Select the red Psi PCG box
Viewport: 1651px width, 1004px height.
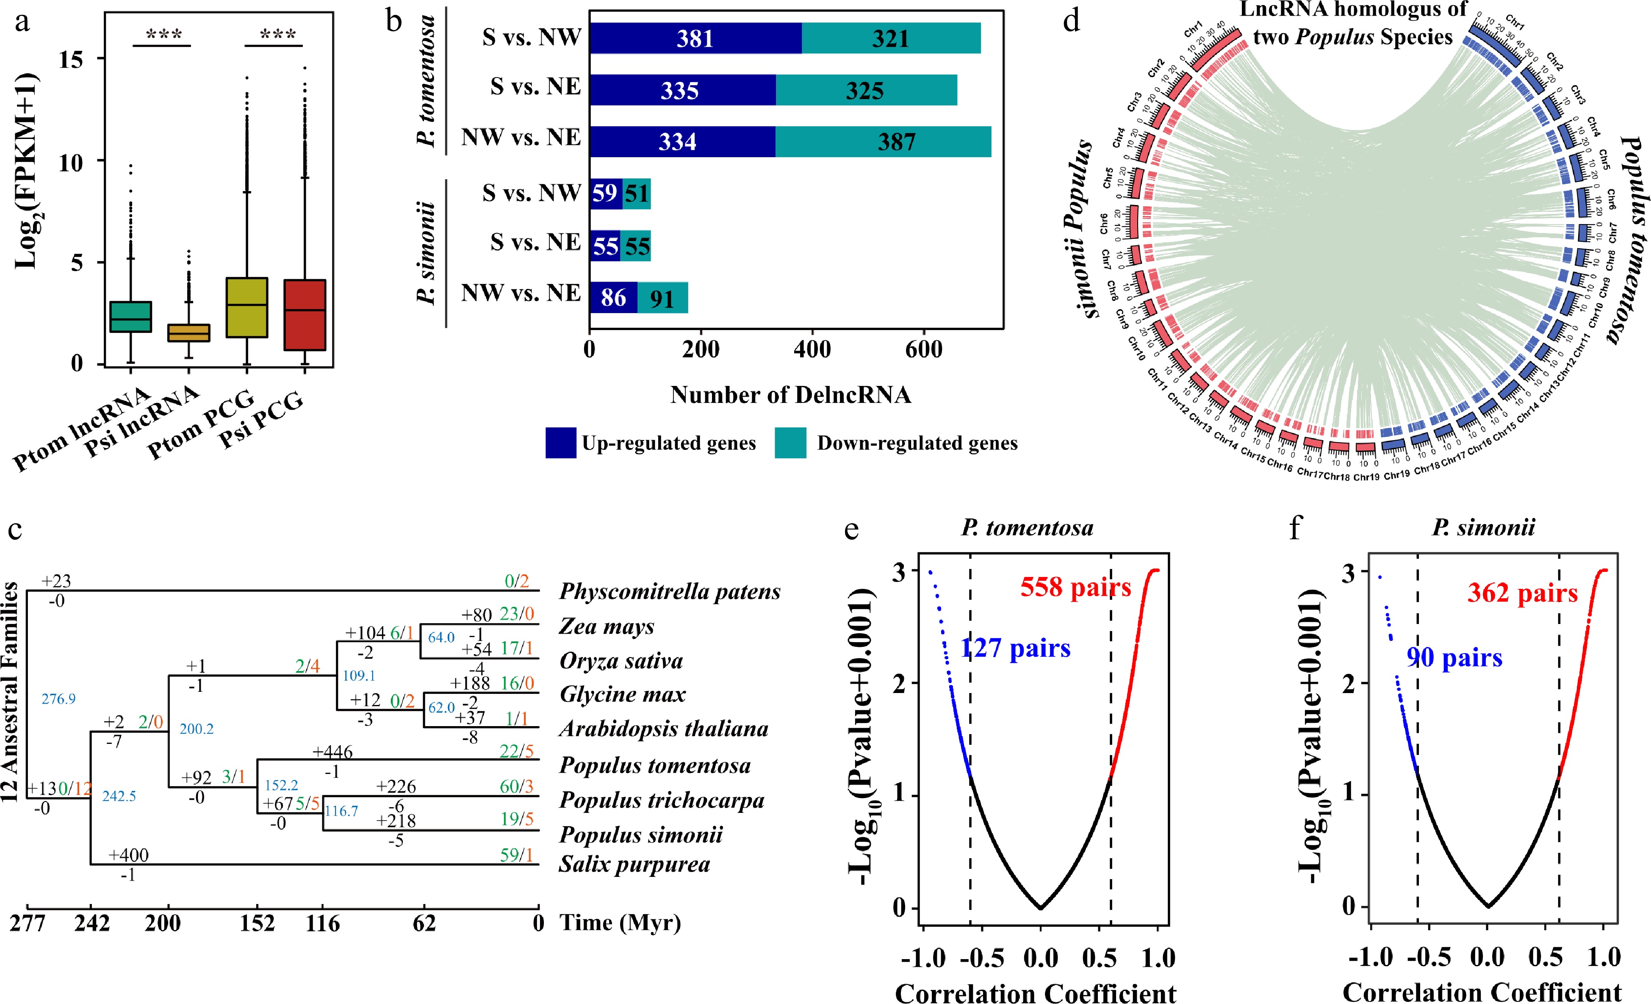point(305,315)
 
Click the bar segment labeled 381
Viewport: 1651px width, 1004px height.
point(695,38)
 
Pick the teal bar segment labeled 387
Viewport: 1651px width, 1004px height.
point(883,141)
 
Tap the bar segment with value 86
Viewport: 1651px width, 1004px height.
point(613,297)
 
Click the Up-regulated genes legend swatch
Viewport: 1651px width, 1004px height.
point(560,443)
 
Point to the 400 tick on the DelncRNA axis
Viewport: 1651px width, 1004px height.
point(812,349)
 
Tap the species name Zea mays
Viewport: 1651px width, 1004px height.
point(607,626)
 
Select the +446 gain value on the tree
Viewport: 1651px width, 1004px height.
point(332,752)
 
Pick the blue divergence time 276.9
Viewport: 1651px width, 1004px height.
point(58,699)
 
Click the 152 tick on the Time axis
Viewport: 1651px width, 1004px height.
point(257,924)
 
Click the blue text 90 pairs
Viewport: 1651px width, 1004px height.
point(1454,657)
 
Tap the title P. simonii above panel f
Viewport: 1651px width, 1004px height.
point(1483,527)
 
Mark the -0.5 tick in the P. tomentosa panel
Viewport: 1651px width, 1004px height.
point(982,958)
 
